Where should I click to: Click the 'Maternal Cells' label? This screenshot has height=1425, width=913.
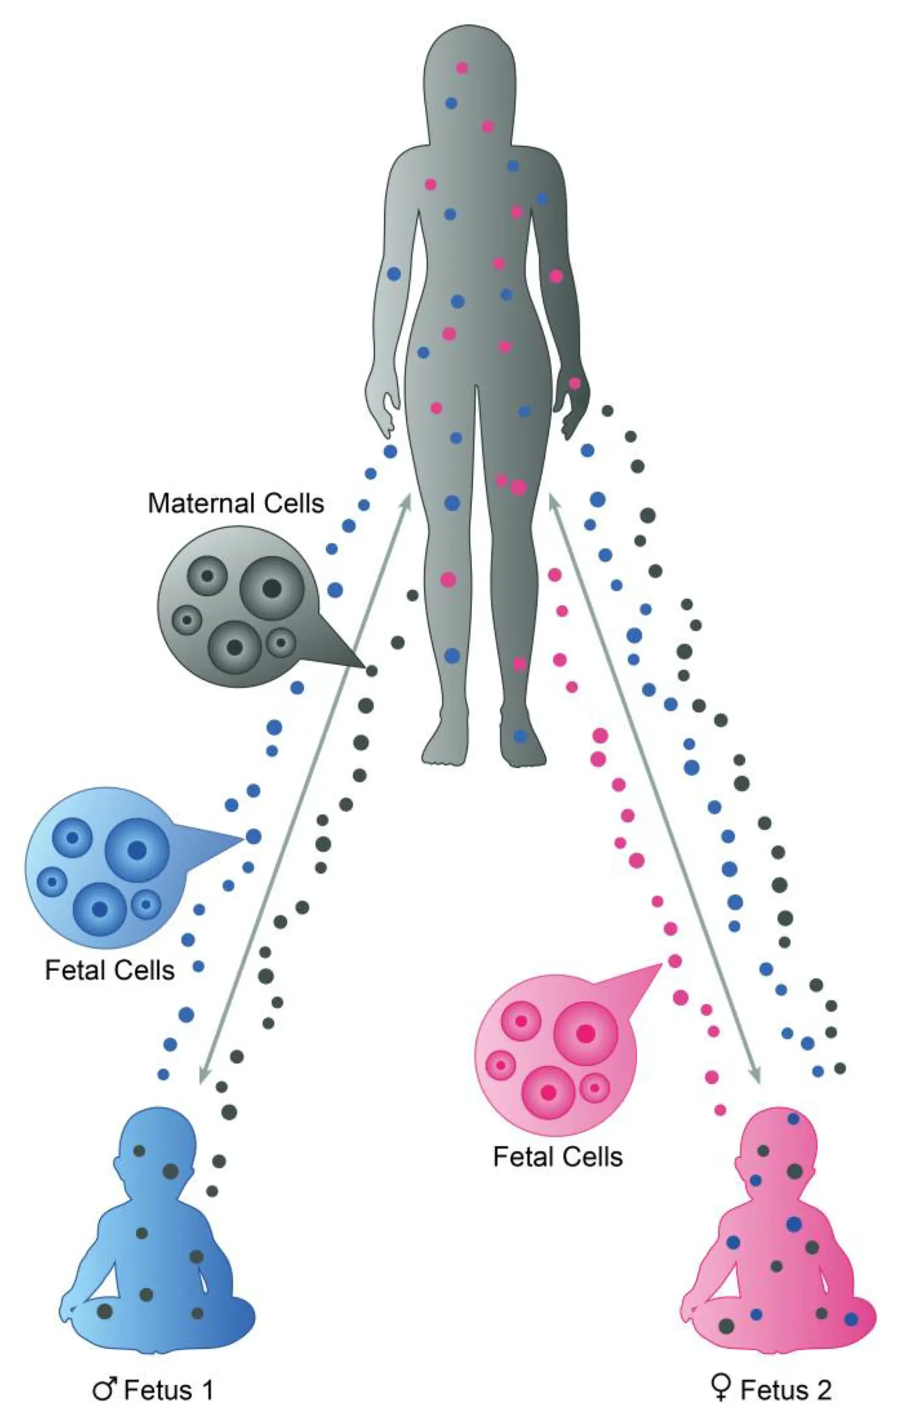pos(235,503)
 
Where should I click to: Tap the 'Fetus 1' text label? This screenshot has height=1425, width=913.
pos(169,1390)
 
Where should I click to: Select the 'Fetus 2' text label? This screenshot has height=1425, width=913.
pos(786,1390)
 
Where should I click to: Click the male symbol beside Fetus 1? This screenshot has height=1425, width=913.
pos(105,1390)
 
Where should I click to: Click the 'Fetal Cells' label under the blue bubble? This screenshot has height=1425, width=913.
pos(110,971)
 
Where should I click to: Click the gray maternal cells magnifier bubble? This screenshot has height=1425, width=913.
pos(237,606)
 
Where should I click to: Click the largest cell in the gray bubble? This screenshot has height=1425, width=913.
pos(272,588)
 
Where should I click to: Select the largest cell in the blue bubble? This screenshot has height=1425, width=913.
pos(137,850)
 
